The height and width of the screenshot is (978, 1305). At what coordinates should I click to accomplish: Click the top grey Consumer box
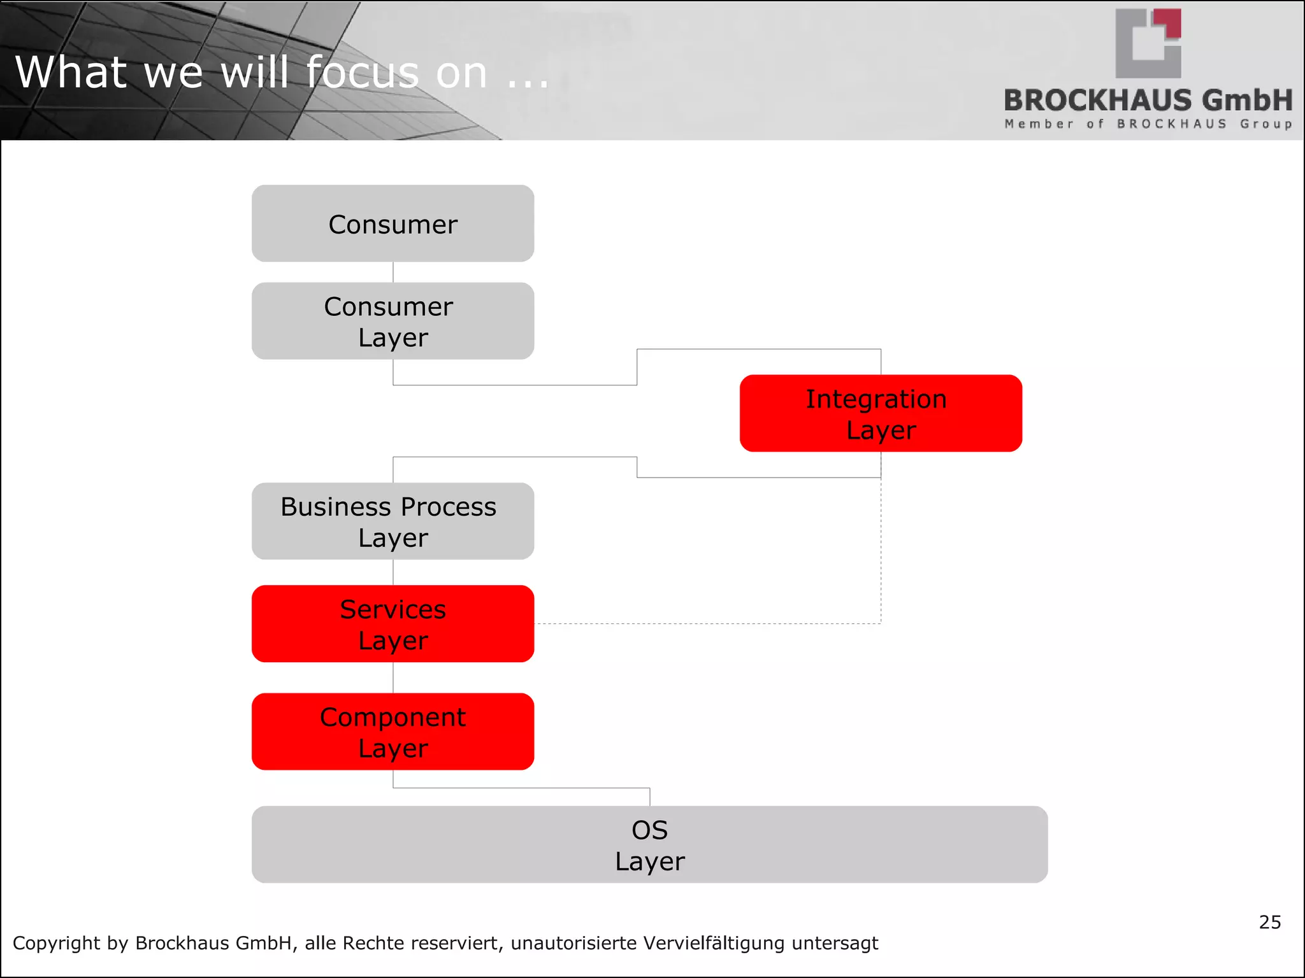(x=393, y=223)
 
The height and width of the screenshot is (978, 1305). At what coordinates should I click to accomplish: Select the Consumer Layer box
(x=393, y=321)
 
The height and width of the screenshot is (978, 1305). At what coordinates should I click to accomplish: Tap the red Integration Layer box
(x=881, y=413)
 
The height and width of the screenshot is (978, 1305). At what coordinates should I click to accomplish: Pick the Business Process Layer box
(x=393, y=521)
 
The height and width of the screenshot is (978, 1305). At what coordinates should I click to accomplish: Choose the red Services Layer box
(x=393, y=624)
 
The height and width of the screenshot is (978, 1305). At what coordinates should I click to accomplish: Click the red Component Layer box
(x=393, y=732)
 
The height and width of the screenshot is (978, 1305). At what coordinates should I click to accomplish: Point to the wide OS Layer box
(x=649, y=844)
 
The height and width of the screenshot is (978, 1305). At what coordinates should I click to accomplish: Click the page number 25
(x=1269, y=922)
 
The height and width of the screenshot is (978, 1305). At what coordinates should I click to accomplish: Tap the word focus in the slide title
(x=362, y=72)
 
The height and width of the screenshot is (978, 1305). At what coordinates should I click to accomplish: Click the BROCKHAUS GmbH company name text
(x=1148, y=101)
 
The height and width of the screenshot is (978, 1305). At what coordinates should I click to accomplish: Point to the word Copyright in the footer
(x=56, y=943)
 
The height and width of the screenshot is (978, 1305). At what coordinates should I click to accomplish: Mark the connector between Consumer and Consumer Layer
(x=393, y=272)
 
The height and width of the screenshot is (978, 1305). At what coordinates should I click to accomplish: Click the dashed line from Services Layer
(x=707, y=623)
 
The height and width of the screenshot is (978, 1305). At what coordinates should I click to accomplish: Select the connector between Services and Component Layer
(x=393, y=677)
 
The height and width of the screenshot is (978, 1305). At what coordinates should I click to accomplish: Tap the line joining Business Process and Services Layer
(x=393, y=572)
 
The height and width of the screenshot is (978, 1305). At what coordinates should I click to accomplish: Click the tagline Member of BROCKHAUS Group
(x=1148, y=124)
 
